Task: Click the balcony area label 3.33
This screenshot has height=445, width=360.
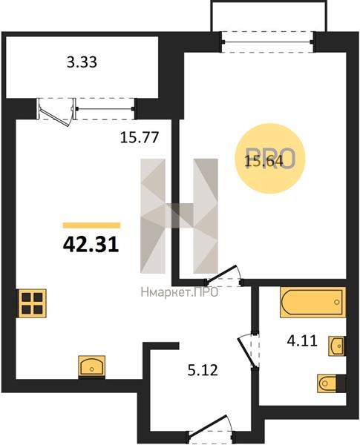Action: click(82, 62)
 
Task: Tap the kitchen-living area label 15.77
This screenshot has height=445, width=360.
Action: click(140, 138)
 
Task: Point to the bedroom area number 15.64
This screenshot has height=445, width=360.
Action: click(264, 161)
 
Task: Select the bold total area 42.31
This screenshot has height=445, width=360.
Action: click(91, 245)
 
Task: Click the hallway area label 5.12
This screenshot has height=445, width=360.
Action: click(203, 370)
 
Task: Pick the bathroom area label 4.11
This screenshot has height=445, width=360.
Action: click(302, 340)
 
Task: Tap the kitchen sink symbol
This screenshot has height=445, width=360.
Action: click(92, 366)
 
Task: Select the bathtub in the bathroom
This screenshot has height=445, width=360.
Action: click(312, 303)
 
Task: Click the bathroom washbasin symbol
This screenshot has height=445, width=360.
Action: click(337, 346)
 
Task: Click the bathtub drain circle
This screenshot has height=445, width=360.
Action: click(337, 303)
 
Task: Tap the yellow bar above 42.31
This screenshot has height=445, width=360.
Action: click(91, 225)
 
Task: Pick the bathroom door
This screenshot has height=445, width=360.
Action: click(246, 352)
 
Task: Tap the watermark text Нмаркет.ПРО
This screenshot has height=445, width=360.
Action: click(180, 292)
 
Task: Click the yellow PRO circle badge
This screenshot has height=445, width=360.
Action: click(270, 159)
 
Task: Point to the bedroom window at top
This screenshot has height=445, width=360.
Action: click(268, 42)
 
